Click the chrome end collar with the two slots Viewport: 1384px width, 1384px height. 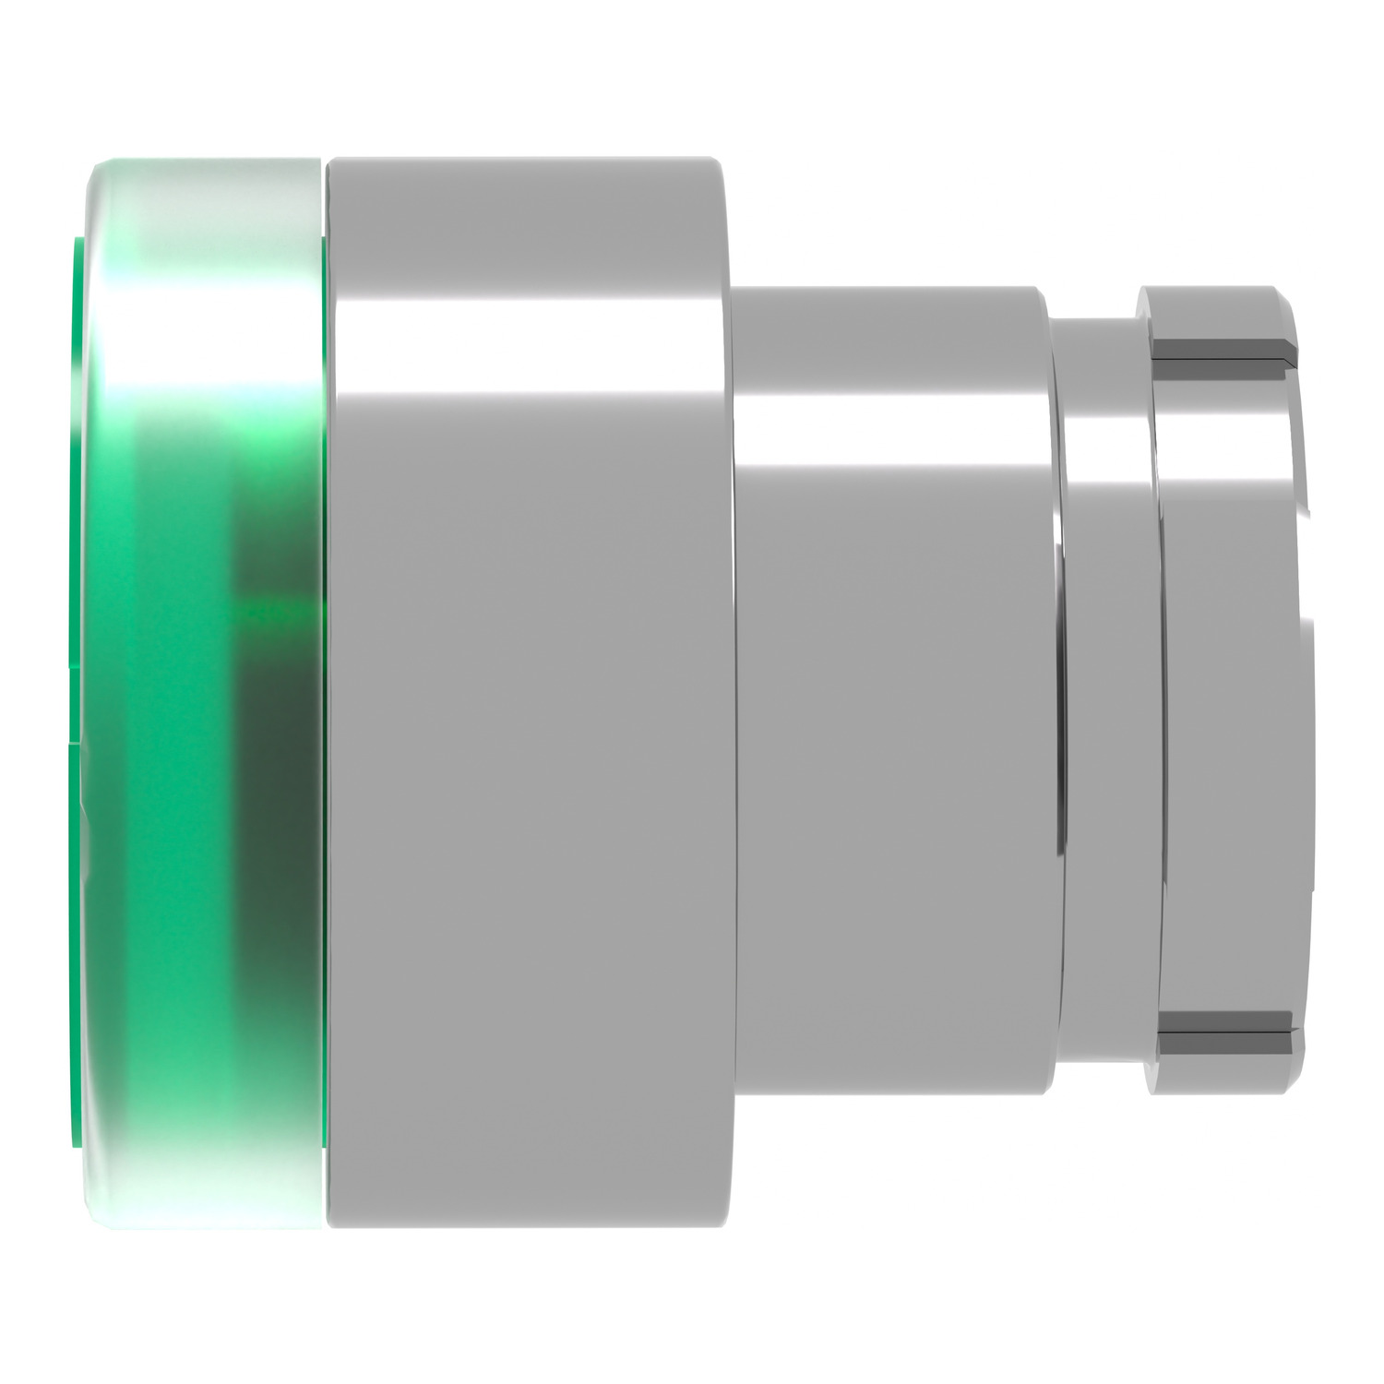[x=1227, y=692]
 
